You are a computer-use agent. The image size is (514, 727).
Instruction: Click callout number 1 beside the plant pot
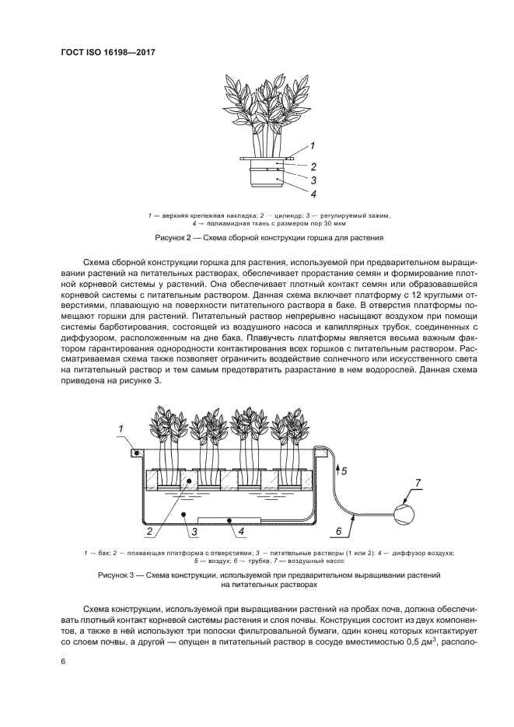point(312,145)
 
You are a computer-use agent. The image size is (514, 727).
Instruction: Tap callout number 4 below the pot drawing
point(313,194)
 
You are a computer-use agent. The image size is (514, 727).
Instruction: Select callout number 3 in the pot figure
point(313,180)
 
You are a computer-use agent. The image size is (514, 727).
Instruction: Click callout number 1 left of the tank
point(121,428)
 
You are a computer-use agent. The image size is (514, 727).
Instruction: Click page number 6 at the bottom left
point(61,661)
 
